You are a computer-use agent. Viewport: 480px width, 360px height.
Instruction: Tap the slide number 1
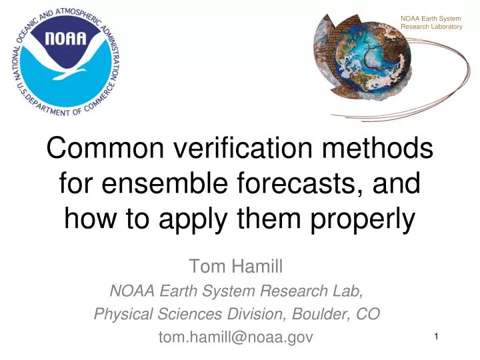tap(435, 338)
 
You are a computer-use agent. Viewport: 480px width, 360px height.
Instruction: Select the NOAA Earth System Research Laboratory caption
tap(431, 22)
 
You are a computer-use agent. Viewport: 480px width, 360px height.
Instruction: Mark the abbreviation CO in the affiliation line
tap(370, 314)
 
